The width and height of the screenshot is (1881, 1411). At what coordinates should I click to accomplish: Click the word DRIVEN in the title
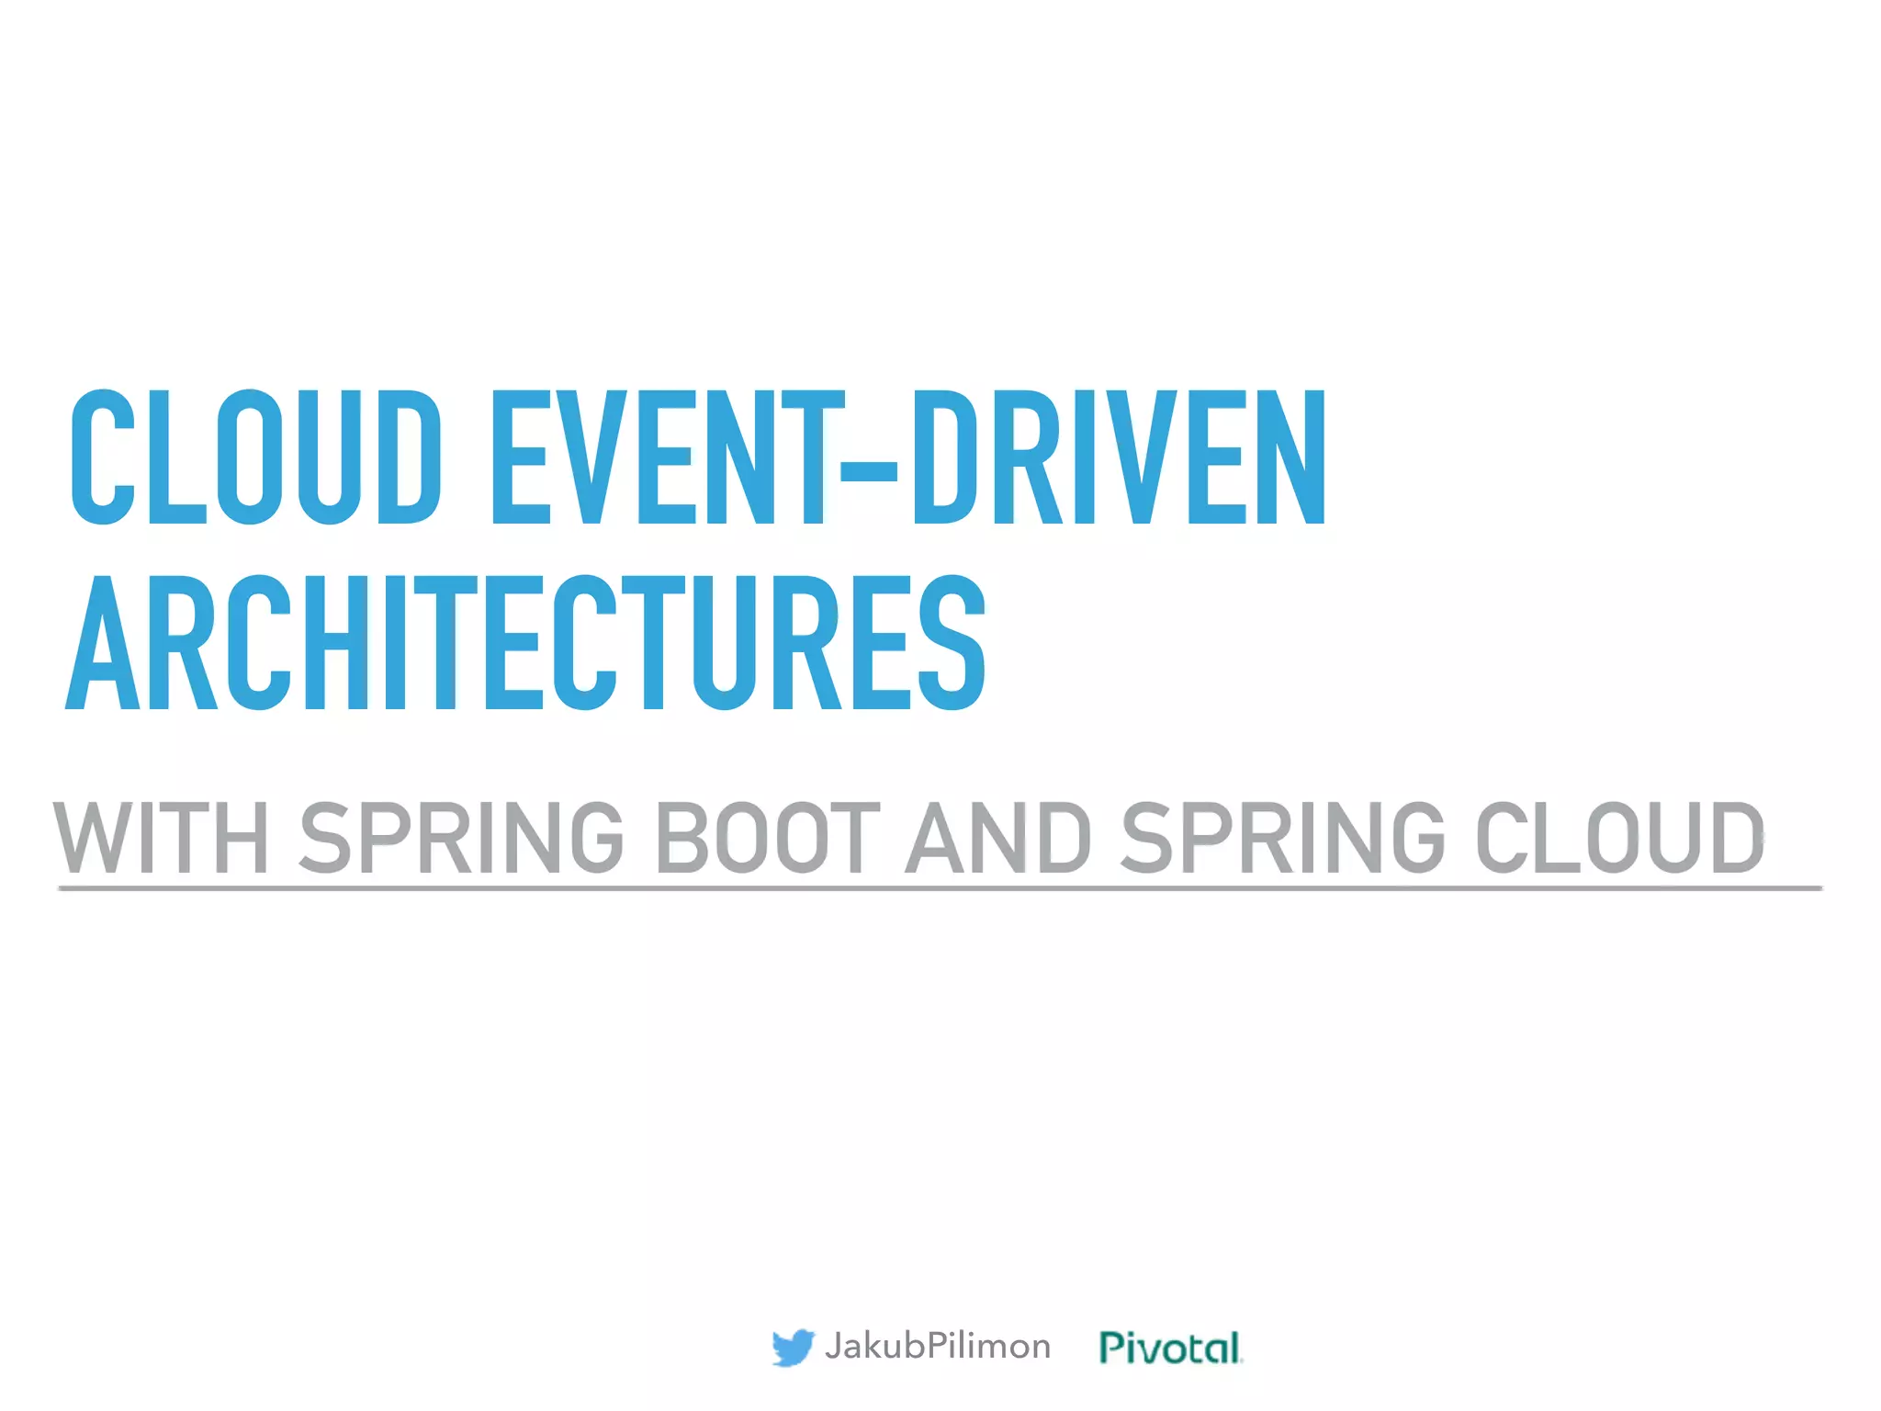(1119, 457)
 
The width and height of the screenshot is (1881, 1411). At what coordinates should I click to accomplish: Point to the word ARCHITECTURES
(526, 643)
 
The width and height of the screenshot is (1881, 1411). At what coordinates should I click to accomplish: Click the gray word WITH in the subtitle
(162, 837)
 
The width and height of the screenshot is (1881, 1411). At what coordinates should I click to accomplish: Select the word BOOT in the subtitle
(768, 837)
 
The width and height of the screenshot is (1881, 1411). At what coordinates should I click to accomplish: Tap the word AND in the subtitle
(998, 837)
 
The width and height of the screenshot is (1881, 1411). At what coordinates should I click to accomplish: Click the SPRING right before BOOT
(462, 837)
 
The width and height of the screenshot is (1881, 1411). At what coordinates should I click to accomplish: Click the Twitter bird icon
(793, 1347)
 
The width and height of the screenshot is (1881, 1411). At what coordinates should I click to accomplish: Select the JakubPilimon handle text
(937, 1346)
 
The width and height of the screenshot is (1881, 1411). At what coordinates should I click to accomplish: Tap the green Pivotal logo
(1171, 1347)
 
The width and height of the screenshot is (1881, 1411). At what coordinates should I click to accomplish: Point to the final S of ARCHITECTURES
(952, 643)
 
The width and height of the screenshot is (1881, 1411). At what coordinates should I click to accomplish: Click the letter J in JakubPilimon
(834, 1346)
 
